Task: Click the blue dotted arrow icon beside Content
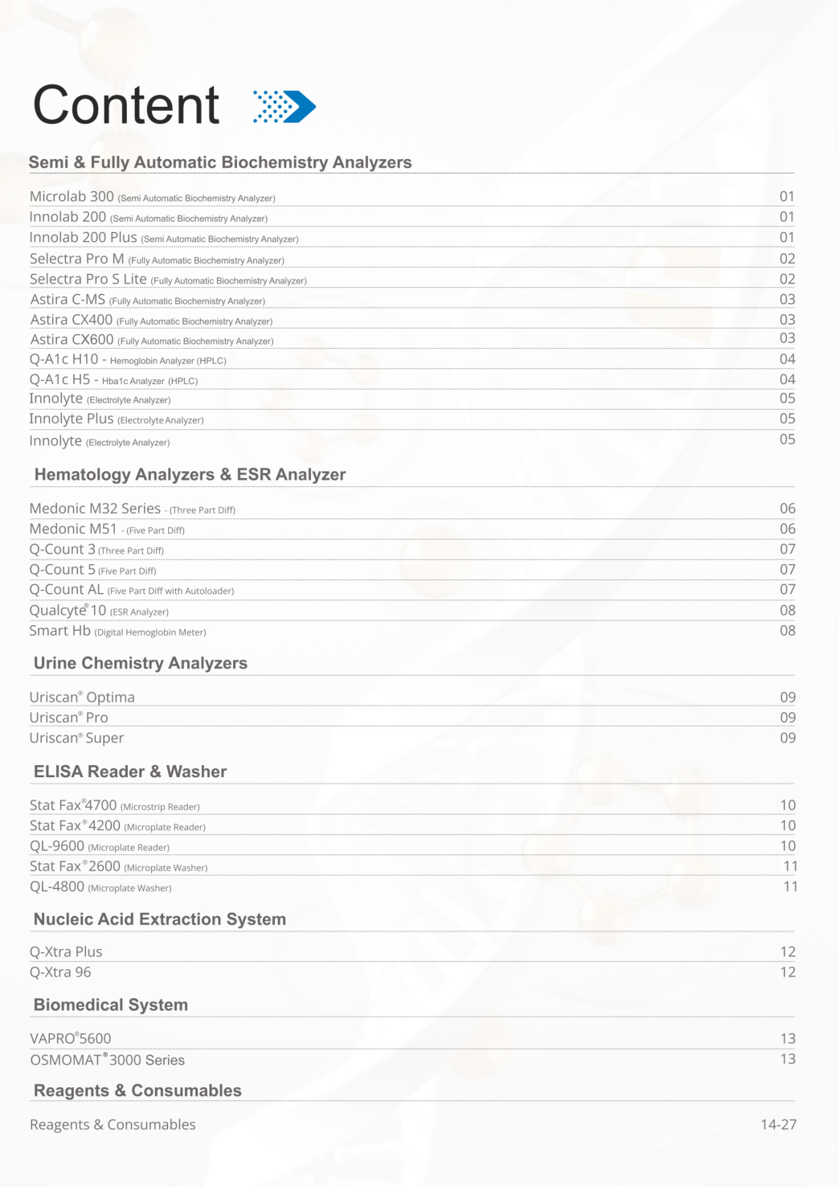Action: pyautogui.click(x=284, y=106)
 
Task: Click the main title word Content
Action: pyautogui.click(x=126, y=105)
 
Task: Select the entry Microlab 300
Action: pyautogui.click(x=72, y=197)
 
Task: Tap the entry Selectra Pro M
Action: pyautogui.click(x=77, y=259)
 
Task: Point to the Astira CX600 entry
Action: pyautogui.click(x=72, y=340)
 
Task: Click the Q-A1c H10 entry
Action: pyautogui.click(x=63, y=359)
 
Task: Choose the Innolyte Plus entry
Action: pyautogui.click(x=72, y=419)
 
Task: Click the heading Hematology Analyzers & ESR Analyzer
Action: pyautogui.click(x=190, y=475)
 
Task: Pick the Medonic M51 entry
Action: pyautogui.click(x=73, y=529)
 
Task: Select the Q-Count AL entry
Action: pyautogui.click(x=67, y=590)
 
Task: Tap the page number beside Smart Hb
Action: pyautogui.click(x=788, y=631)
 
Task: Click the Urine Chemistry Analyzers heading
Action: pyautogui.click(x=141, y=663)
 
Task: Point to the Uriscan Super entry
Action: pyautogui.click(x=76, y=738)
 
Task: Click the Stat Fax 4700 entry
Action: pyautogui.click(x=73, y=805)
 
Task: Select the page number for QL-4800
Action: pyautogui.click(x=791, y=886)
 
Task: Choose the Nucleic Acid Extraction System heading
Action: pyautogui.click(x=160, y=919)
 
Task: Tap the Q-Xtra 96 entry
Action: pyautogui.click(x=60, y=972)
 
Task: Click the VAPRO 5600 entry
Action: pyautogui.click(x=70, y=1038)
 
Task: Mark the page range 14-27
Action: pyautogui.click(x=778, y=1124)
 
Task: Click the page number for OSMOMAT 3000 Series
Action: pyautogui.click(x=788, y=1059)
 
